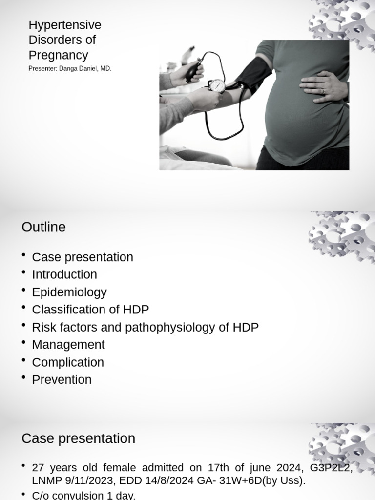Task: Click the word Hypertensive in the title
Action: point(65,25)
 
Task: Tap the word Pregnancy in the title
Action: point(58,55)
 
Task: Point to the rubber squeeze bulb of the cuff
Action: point(194,70)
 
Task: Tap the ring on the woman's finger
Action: point(323,91)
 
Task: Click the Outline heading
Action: point(43,227)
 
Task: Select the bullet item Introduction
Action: point(64,274)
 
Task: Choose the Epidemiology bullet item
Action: point(69,292)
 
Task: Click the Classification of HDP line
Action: point(90,310)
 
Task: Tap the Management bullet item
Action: point(68,345)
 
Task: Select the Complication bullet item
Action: point(68,362)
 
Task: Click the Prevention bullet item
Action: point(62,380)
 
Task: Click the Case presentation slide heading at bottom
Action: point(78,438)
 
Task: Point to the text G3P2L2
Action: point(331,468)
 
